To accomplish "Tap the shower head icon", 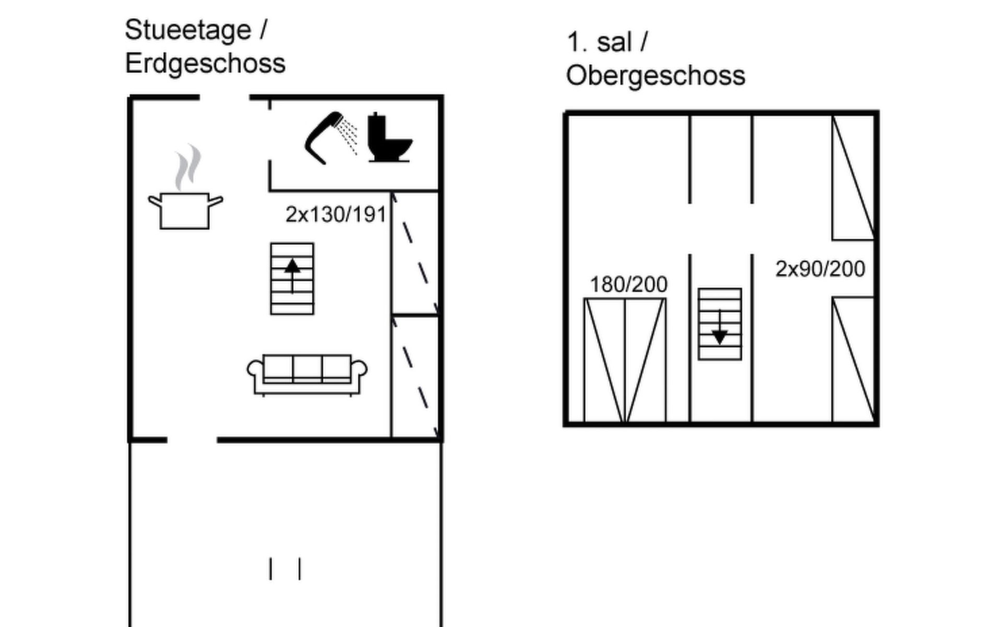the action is coord(331,138).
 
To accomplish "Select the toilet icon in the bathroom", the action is coord(390,137).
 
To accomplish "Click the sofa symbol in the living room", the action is coord(307,375).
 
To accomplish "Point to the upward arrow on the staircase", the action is coord(292,275).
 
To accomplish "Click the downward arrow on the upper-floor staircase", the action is coord(720,327).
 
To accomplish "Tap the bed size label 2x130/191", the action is coord(335,215).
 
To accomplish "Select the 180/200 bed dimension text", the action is coord(628,285).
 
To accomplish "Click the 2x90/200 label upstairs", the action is coord(820,269).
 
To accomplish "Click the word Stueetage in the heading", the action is coord(188,30).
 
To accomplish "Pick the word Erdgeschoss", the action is coord(205,64).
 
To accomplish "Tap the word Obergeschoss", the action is coord(656,76).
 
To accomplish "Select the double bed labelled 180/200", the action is coord(625,360).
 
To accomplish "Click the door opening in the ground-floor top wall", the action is coord(225,98).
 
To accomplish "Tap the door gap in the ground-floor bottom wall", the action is coord(192,440).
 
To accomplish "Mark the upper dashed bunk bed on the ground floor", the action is coord(415,253).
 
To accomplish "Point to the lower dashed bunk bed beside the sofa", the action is coord(415,377).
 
